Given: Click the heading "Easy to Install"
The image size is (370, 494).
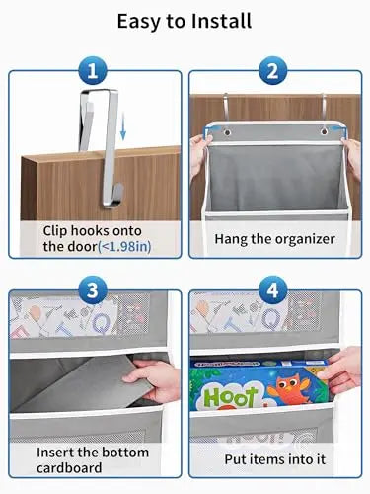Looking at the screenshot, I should pos(185,20).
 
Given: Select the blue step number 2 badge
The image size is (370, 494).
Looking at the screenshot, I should pos(274,72).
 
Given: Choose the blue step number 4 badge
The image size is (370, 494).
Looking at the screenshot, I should pos(274,290).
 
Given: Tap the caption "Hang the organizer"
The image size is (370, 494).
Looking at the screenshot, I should pos(275,239).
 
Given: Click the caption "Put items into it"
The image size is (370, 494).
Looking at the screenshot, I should pos(275,458).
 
